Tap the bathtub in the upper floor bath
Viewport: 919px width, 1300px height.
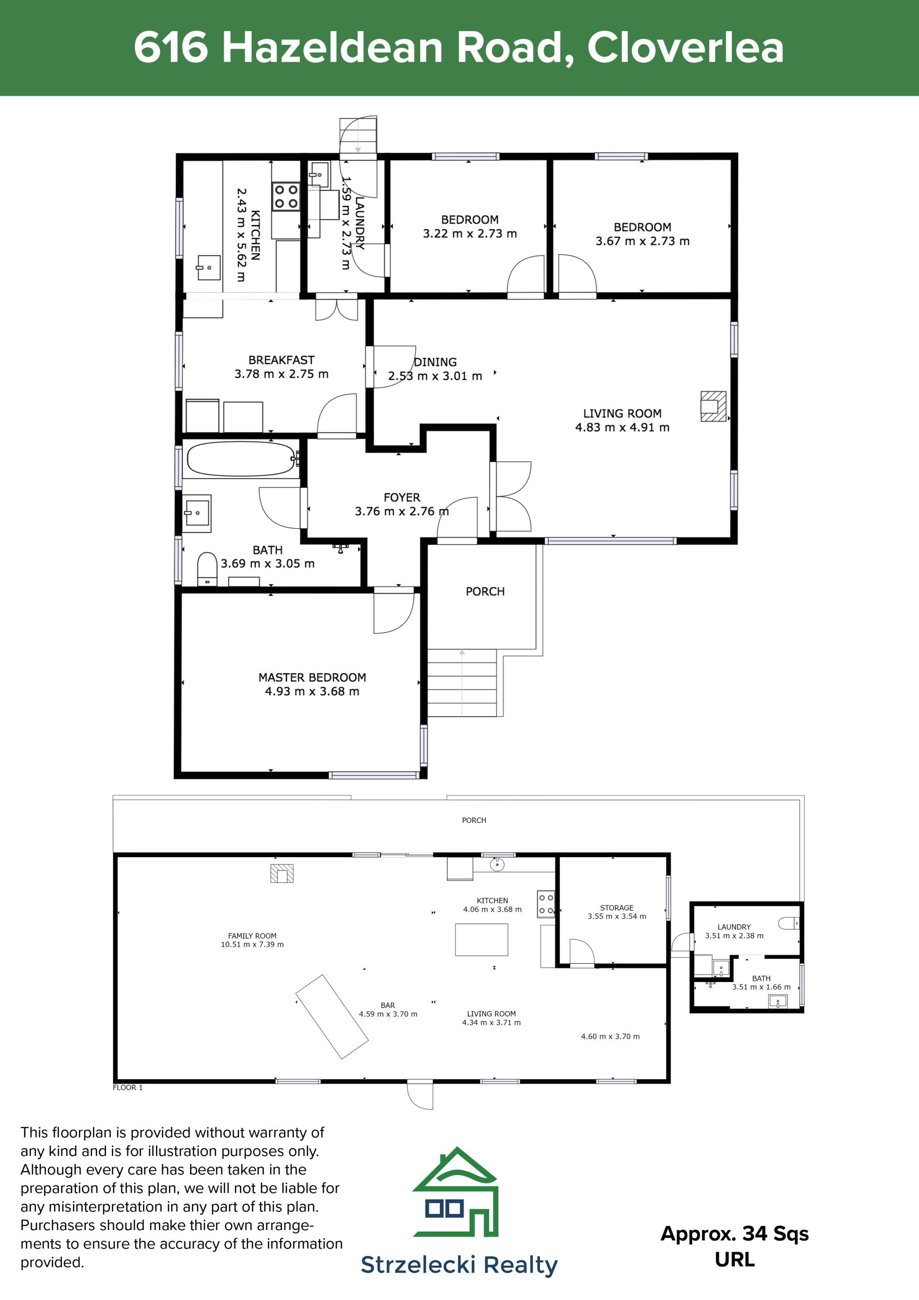[242, 459]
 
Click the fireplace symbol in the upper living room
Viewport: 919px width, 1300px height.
[713, 406]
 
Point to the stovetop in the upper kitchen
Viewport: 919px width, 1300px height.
[286, 196]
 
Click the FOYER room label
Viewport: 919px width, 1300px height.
[402, 497]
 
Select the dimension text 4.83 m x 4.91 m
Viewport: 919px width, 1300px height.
[622, 428]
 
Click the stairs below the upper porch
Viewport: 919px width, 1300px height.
[462, 682]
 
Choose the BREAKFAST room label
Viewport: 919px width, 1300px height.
[281, 360]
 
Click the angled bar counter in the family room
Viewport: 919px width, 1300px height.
[332, 1017]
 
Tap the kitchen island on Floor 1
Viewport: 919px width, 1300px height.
[482, 939]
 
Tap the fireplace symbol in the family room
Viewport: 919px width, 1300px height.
[282, 874]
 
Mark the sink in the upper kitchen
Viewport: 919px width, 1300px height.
[208, 268]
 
